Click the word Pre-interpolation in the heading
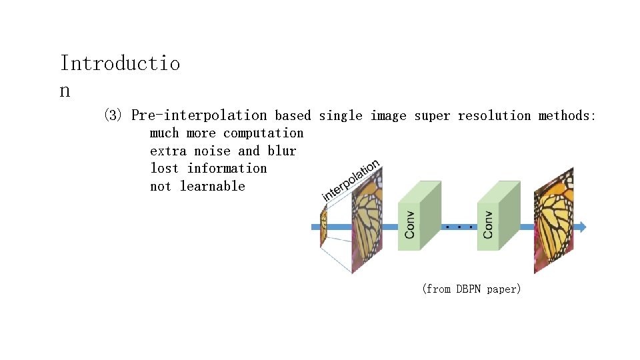click(x=199, y=116)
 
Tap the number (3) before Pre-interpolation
click(x=113, y=116)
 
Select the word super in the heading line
click(x=432, y=116)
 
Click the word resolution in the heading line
click(x=494, y=116)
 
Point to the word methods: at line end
click(x=567, y=116)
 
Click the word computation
click(x=263, y=133)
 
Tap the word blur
click(x=282, y=151)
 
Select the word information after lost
click(x=227, y=169)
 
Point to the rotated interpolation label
click(x=351, y=179)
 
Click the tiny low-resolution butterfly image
click(x=323, y=227)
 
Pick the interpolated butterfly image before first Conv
click(x=367, y=220)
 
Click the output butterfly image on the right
click(x=553, y=220)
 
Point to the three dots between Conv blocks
click(x=459, y=227)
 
